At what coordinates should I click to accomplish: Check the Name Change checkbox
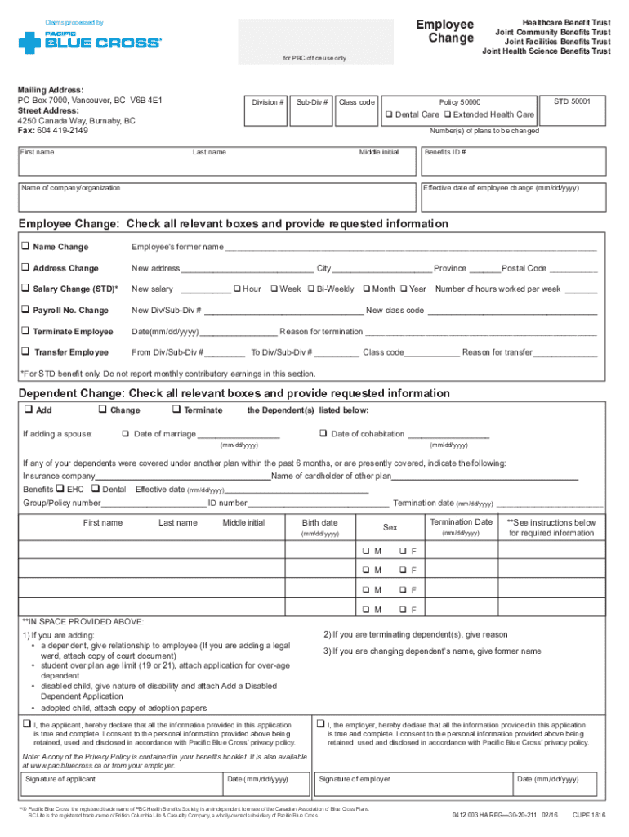[x=25, y=247]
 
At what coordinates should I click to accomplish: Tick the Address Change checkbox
[x=25, y=268]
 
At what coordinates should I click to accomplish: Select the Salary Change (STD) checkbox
[x=25, y=289]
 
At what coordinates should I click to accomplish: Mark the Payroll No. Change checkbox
[x=25, y=310]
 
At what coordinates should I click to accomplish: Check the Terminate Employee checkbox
[x=25, y=331]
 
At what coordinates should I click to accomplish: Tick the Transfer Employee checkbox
[x=26, y=352]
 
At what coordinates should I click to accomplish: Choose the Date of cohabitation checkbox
[x=323, y=433]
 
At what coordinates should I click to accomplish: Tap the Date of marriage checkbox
[x=126, y=433]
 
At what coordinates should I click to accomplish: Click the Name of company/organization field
[x=216, y=199]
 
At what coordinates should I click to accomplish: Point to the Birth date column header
[x=319, y=522]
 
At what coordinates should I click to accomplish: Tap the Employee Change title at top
[x=444, y=32]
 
